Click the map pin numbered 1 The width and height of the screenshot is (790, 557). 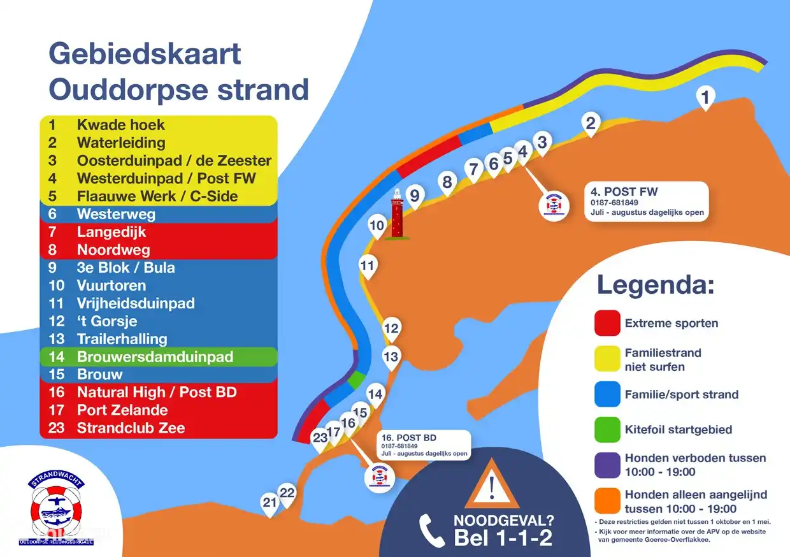tap(705, 98)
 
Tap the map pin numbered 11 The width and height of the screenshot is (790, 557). tap(368, 266)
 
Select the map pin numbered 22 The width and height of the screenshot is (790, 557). tap(288, 493)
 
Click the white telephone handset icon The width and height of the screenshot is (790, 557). tap(431, 530)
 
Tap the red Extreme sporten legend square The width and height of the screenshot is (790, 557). tap(607, 322)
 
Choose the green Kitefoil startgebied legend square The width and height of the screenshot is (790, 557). tap(607, 429)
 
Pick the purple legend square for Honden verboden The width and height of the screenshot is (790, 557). tap(607, 465)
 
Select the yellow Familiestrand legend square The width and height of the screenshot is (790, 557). tap(607, 359)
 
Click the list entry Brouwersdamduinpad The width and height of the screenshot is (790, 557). tap(155, 357)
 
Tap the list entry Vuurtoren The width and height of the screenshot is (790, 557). tap(111, 286)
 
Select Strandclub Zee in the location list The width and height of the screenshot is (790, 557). tap(131, 428)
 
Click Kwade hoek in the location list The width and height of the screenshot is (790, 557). tap(120, 125)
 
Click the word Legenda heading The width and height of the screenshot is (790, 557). tap(655, 285)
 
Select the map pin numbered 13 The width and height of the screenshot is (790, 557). tap(391, 357)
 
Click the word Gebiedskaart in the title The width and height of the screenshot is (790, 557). tap(145, 54)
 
